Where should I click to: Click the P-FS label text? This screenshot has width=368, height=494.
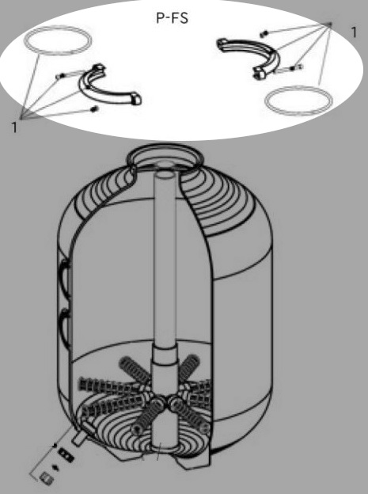172,18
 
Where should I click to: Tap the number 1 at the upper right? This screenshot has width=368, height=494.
354,32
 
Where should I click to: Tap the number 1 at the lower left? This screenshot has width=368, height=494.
14,127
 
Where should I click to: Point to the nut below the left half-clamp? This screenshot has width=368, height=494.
93,109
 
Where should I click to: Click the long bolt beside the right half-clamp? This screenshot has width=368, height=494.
290,68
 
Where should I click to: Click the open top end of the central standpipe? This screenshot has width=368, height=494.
165,174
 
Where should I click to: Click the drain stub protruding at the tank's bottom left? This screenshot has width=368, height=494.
79,439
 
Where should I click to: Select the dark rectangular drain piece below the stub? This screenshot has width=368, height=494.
66,455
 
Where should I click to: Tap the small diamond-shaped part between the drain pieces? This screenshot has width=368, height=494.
57,467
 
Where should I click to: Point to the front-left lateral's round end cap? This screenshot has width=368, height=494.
137,428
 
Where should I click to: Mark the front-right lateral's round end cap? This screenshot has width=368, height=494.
205,428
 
